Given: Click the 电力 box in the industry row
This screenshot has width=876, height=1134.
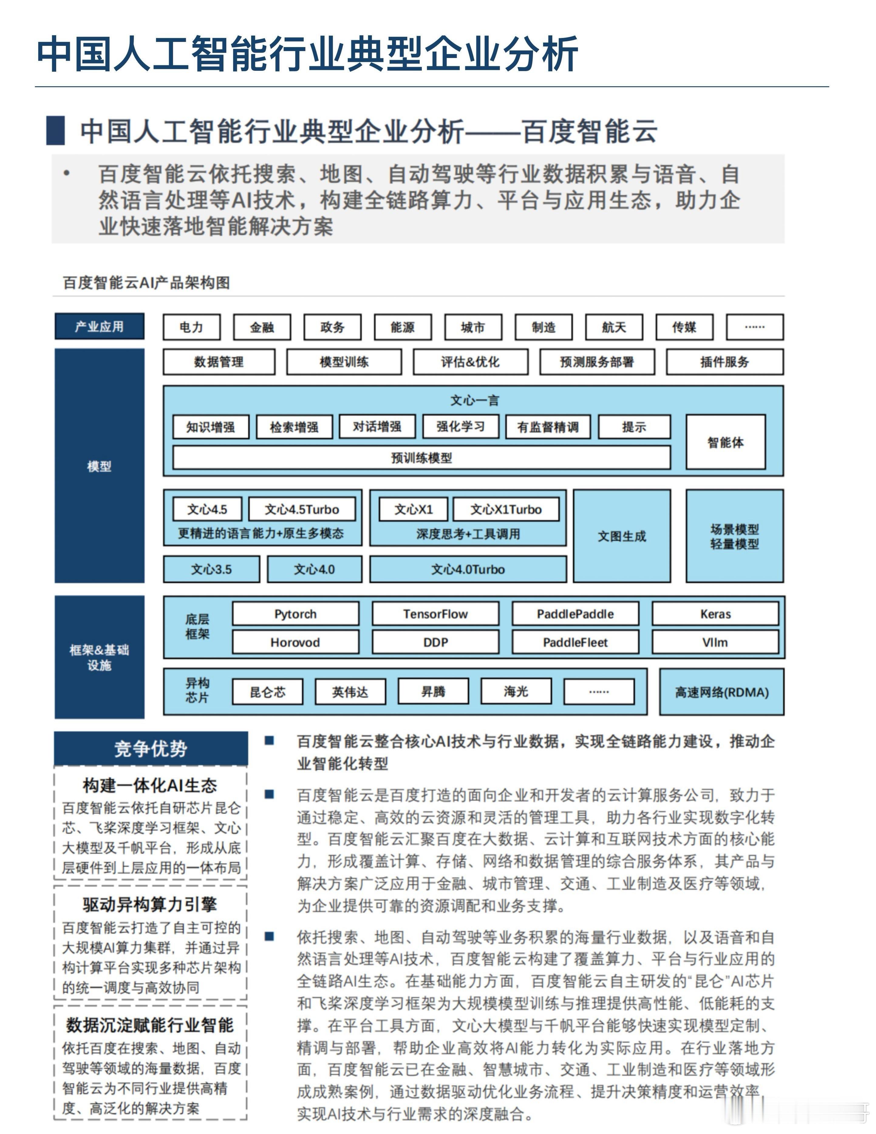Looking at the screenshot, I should click(192, 327).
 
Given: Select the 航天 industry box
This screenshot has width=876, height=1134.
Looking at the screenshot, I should click(614, 327).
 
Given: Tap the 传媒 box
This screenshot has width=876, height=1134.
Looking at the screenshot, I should click(684, 327).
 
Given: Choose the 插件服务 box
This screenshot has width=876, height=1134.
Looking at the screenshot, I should click(724, 362).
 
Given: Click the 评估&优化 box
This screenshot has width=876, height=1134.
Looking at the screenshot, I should click(470, 362).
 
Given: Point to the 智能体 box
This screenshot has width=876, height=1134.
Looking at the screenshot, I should click(725, 442).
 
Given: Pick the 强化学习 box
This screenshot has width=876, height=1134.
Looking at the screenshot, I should click(460, 427).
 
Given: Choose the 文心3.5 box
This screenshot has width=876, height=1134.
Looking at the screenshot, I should click(211, 569).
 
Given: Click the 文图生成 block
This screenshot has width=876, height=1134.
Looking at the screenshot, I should click(622, 536).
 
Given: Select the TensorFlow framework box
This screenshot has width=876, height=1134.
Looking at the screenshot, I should click(435, 614).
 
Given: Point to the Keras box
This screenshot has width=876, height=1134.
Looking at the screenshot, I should click(715, 614).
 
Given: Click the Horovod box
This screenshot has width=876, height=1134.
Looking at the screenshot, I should click(295, 642).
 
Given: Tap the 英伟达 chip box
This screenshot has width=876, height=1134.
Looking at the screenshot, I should click(350, 692).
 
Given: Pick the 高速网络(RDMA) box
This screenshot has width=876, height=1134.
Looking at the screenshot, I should click(721, 692).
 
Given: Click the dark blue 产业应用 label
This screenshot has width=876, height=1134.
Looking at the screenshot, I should click(99, 327).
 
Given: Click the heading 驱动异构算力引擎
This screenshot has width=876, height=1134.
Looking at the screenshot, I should click(150, 905).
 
